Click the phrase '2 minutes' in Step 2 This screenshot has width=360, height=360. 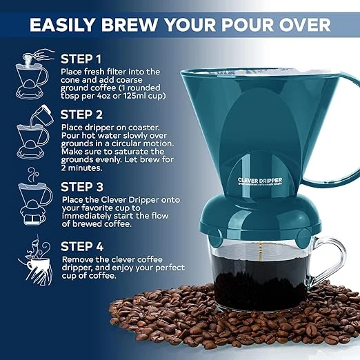tap(84, 168)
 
